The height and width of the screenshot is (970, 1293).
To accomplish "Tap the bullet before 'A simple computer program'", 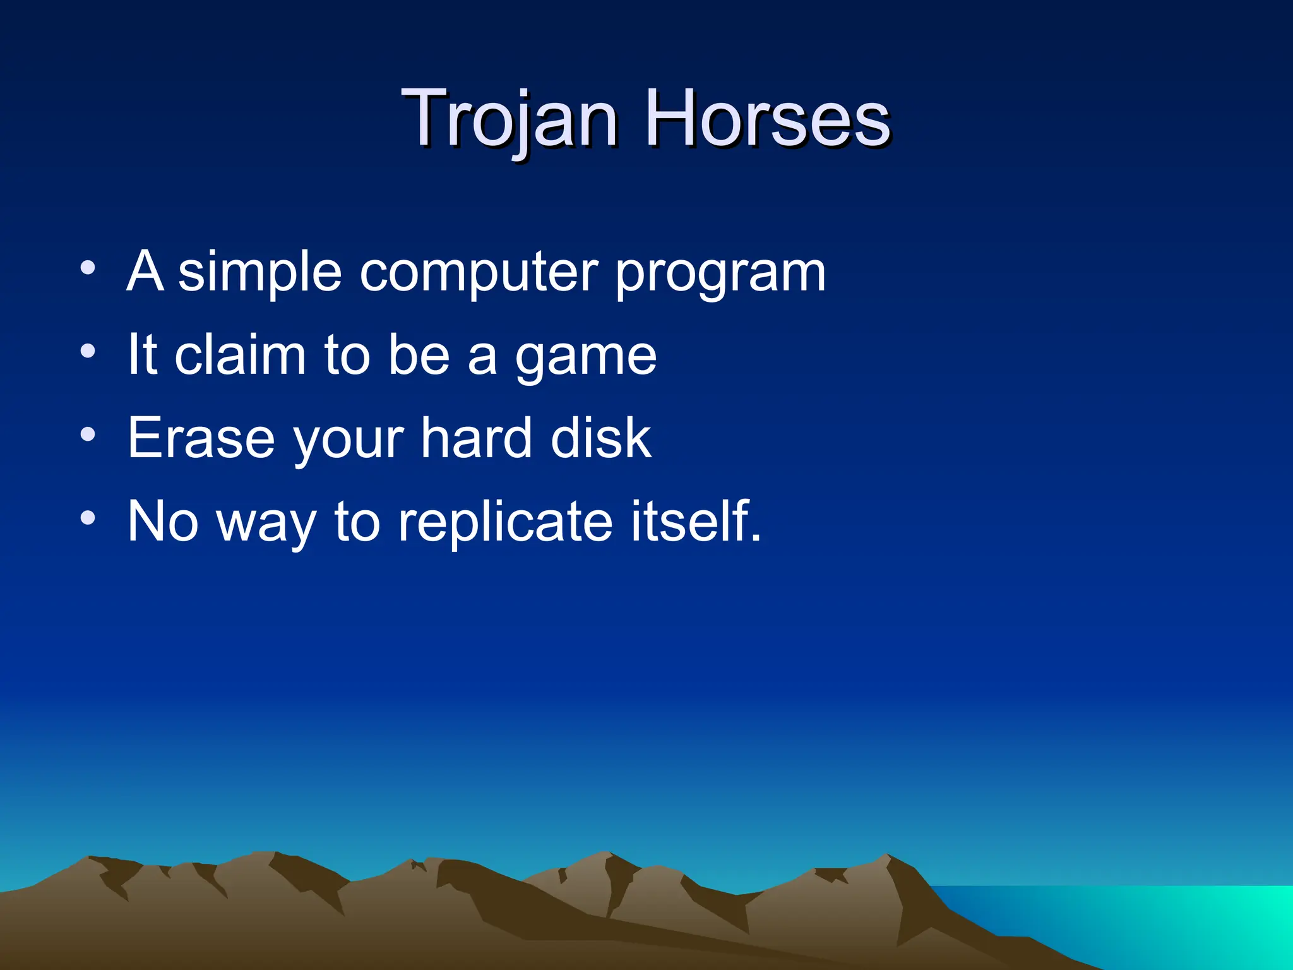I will [x=88, y=268].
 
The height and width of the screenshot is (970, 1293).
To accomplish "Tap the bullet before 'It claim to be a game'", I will [x=88, y=351].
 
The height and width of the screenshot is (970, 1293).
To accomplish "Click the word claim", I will [x=240, y=355].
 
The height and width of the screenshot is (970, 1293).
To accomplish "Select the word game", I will [x=586, y=357].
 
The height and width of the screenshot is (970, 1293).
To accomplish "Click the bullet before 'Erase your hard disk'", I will [x=88, y=434].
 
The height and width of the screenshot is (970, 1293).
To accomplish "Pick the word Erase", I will [x=201, y=438].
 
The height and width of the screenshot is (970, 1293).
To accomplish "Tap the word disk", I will [x=600, y=438].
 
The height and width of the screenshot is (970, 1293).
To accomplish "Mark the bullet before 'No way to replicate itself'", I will [x=88, y=518].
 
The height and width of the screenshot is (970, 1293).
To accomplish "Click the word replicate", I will [x=505, y=523].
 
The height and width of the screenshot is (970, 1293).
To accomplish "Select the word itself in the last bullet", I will [x=694, y=522].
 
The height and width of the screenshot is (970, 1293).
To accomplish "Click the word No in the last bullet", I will [x=163, y=522].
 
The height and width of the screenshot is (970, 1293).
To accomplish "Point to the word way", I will [x=266, y=524].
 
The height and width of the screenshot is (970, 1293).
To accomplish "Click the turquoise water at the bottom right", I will [x=1168, y=922].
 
